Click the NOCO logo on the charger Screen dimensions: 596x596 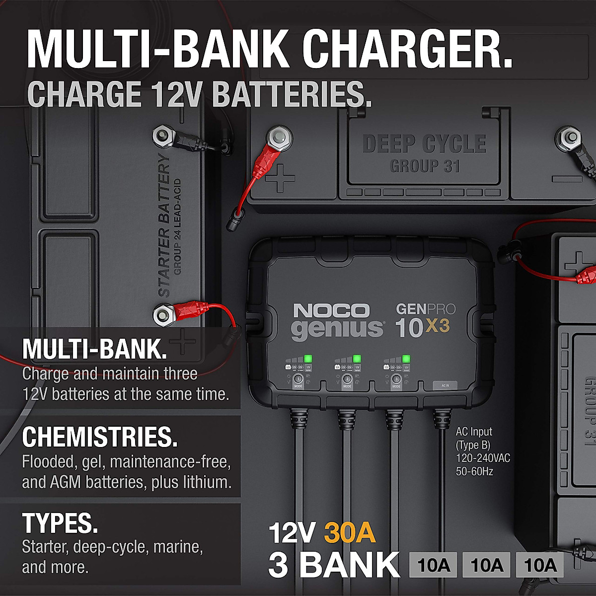click(x=331, y=311)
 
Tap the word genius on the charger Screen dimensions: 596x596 click(x=337, y=329)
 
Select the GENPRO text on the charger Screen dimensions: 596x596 click(x=425, y=309)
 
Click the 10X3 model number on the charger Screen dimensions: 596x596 click(x=422, y=328)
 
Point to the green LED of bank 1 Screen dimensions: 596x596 click(x=307, y=359)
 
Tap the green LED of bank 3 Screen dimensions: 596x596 click(x=406, y=359)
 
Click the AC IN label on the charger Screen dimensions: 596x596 click(x=445, y=385)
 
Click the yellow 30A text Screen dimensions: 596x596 click(x=350, y=533)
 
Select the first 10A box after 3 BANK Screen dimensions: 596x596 click(x=434, y=565)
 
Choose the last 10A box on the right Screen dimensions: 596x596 click(x=540, y=565)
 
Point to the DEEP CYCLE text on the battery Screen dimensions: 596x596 click(x=424, y=144)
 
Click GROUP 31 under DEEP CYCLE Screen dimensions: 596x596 click(x=425, y=166)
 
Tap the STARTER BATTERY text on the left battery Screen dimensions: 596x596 click(x=164, y=226)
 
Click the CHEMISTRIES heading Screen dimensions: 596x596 click(x=99, y=437)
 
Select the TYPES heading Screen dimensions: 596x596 click(x=60, y=522)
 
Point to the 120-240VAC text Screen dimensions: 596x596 click(x=483, y=458)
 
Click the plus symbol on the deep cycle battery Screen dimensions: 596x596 click(x=280, y=178)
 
